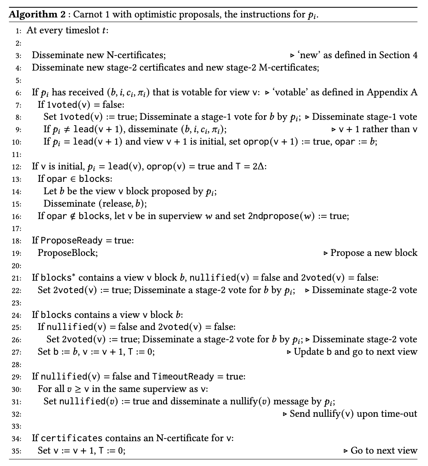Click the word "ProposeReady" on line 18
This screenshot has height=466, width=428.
pyautogui.click(x=71, y=241)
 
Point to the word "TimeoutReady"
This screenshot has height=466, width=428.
pyautogui.click(x=183, y=376)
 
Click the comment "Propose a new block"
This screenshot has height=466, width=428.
pyautogui.click(x=374, y=253)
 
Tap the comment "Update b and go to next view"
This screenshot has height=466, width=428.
pyautogui.click(x=355, y=352)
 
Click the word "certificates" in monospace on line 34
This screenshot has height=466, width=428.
pyautogui.click(x=71, y=438)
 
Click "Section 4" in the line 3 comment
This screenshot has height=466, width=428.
pyautogui.click(x=398, y=55)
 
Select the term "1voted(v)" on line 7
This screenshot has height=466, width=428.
pyautogui.click(x=64, y=105)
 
